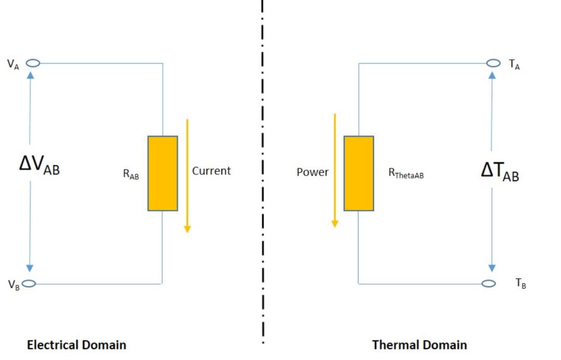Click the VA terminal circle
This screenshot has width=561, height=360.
pyautogui.click(x=33, y=63)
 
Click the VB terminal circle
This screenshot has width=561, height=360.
pyautogui.click(x=29, y=284)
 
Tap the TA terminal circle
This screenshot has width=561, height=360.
pyautogui.click(x=493, y=63)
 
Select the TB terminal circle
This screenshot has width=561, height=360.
pyautogui.click(x=488, y=284)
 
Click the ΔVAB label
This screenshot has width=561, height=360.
pyautogui.click(x=39, y=166)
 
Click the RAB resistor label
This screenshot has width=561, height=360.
pyautogui.click(x=131, y=175)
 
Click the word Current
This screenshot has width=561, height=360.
pyautogui.click(x=211, y=170)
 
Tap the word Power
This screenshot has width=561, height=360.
pyautogui.click(x=313, y=172)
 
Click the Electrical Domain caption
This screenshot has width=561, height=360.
pyautogui.click(x=76, y=344)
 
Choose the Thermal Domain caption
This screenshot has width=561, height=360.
pyautogui.click(x=419, y=344)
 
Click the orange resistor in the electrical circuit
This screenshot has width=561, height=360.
pyautogui.click(x=163, y=174)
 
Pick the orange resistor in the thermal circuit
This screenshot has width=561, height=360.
pyautogui.click(x=358, y=174)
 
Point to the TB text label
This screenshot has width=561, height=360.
pyautogui.click(x=520, y=284)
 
